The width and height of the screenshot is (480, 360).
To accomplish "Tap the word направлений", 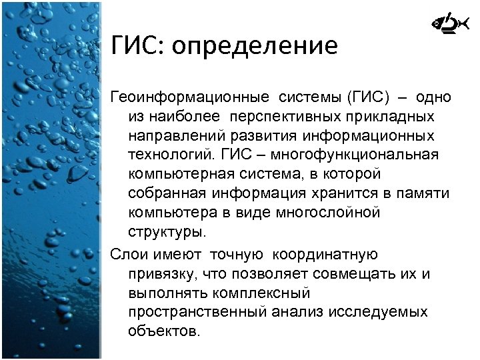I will point(169,136).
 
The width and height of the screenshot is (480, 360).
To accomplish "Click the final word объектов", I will point(163,331).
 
